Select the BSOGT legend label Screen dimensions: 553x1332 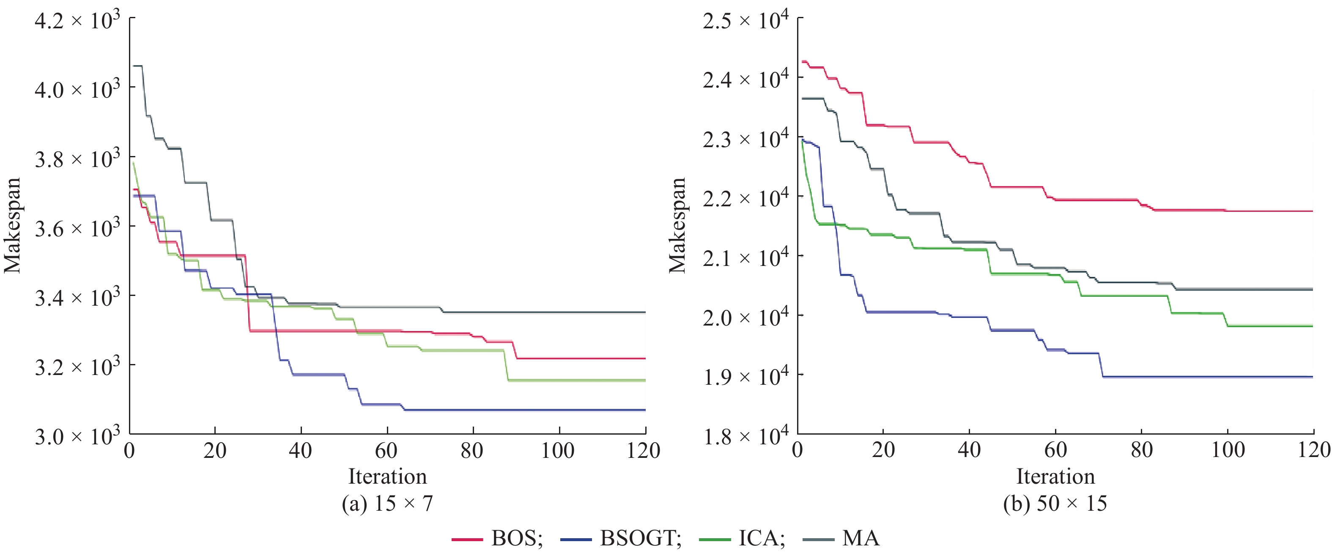(640, 538)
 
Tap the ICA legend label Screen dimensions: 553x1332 (761, 538)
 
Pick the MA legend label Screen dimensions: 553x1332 (861, 538)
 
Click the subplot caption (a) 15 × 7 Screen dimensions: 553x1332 (387, 503)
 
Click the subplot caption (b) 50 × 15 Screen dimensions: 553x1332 (1055, 503)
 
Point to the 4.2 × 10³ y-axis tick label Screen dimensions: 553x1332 (77, 21)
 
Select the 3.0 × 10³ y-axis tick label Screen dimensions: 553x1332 (77, 436)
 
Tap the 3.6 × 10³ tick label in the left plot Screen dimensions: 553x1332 (77, 228)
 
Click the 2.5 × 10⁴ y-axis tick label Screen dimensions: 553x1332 (745, 21)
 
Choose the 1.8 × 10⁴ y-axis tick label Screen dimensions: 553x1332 (745, 436)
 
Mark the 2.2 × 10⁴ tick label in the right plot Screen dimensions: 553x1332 (745, 198)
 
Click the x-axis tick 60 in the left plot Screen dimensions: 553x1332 (386, 451)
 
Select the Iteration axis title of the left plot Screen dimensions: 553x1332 (387, 476)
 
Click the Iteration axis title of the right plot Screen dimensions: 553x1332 (1055, 476)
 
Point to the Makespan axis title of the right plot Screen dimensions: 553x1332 (677, 225)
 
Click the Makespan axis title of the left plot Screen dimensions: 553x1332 (12, 225)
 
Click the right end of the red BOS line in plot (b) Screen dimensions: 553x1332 (1313, 211)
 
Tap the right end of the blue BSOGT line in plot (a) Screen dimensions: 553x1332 (645, 410)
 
